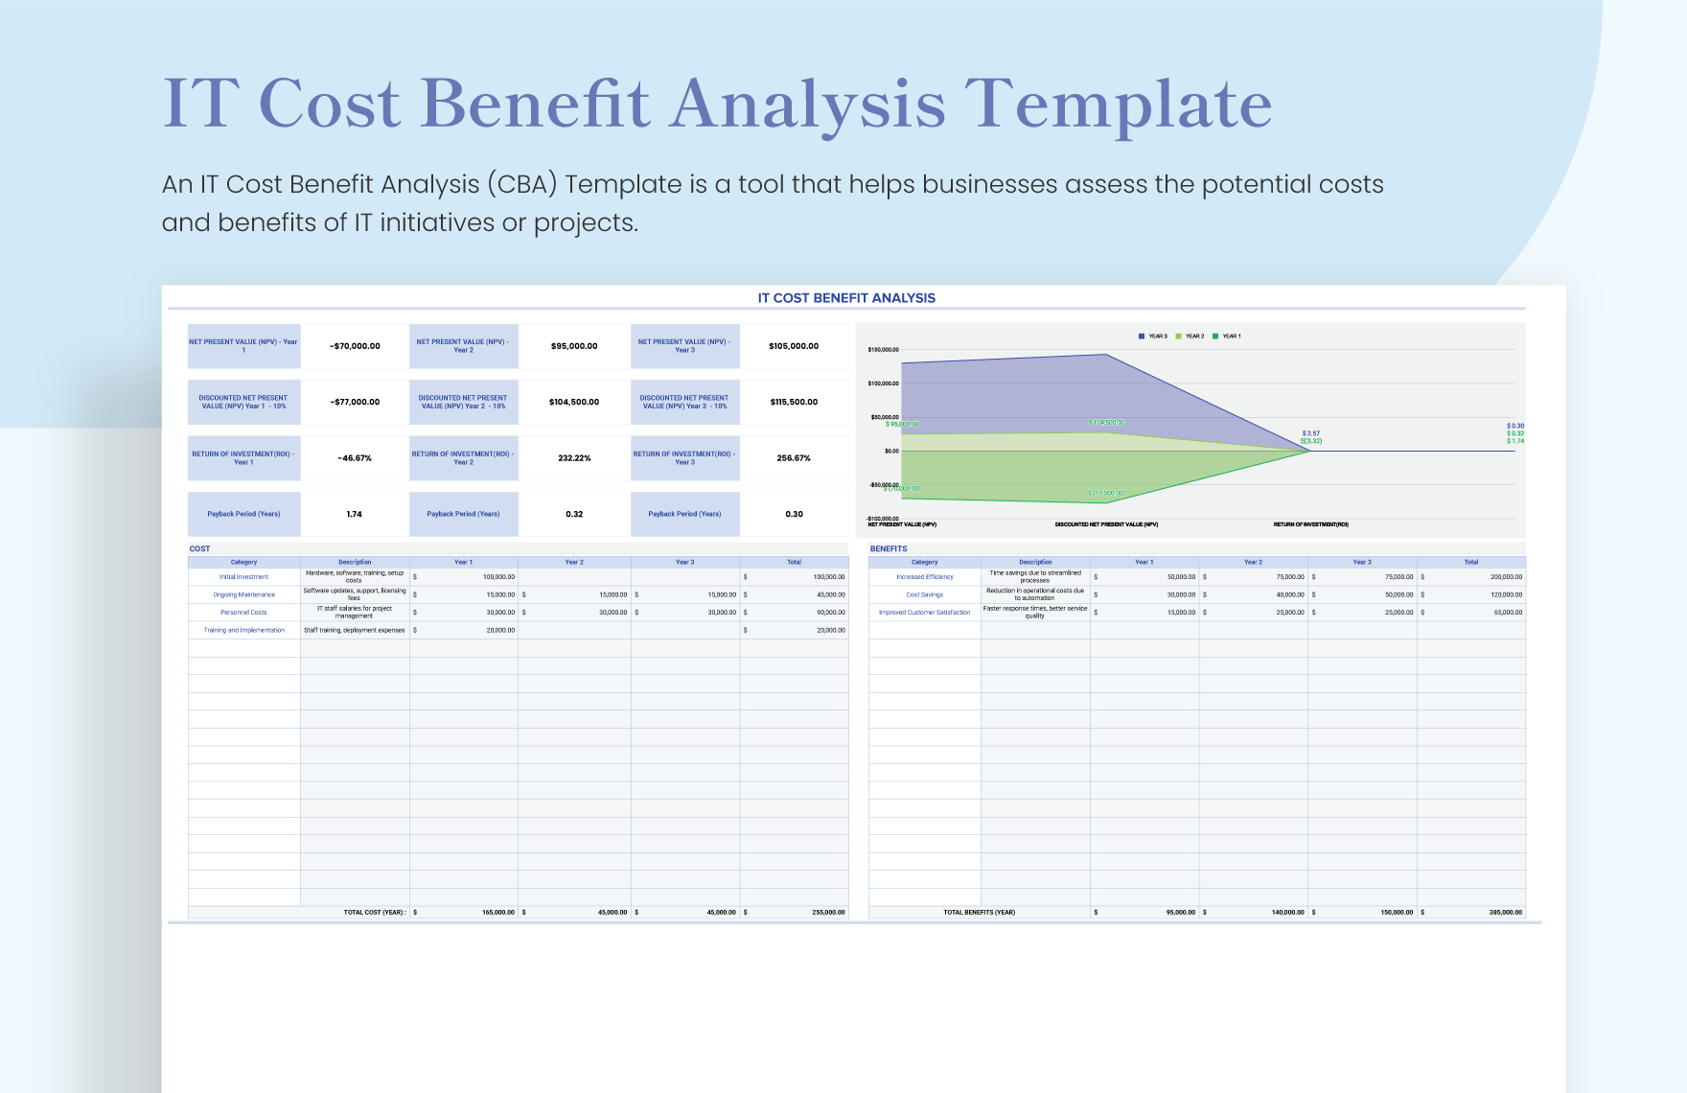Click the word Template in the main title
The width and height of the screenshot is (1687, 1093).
click(1118, 104)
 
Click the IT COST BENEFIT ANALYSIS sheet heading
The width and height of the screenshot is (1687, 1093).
click(846, 298)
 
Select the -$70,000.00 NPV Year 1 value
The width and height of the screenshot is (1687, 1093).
click(355, 346)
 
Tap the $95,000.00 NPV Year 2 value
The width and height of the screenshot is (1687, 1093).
click(574, 346)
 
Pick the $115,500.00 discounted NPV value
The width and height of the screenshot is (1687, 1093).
click(794, 402)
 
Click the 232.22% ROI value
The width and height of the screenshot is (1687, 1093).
click(574, 458)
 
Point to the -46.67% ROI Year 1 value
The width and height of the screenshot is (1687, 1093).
click(355, 458)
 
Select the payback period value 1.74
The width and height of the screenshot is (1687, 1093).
click(355, 514)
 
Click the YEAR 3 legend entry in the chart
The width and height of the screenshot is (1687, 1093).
click(1153, 337)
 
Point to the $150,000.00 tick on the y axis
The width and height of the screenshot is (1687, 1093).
click(883, 350)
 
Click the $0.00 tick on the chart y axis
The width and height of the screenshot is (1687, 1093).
click(891, 451)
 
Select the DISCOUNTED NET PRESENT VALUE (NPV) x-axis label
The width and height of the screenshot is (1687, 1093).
click(1106, 524)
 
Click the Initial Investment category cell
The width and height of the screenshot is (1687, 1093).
click(243, 577)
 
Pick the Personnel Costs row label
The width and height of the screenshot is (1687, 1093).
click(243, 613)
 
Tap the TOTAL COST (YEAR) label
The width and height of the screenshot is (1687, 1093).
click(375, 913)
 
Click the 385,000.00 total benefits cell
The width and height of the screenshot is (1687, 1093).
click(1505, 913)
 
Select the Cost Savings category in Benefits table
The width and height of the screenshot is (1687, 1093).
click(924, 595)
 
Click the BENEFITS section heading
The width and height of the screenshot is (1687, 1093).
click(889, 548)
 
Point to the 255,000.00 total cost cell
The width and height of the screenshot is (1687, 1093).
click(828, 913)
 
